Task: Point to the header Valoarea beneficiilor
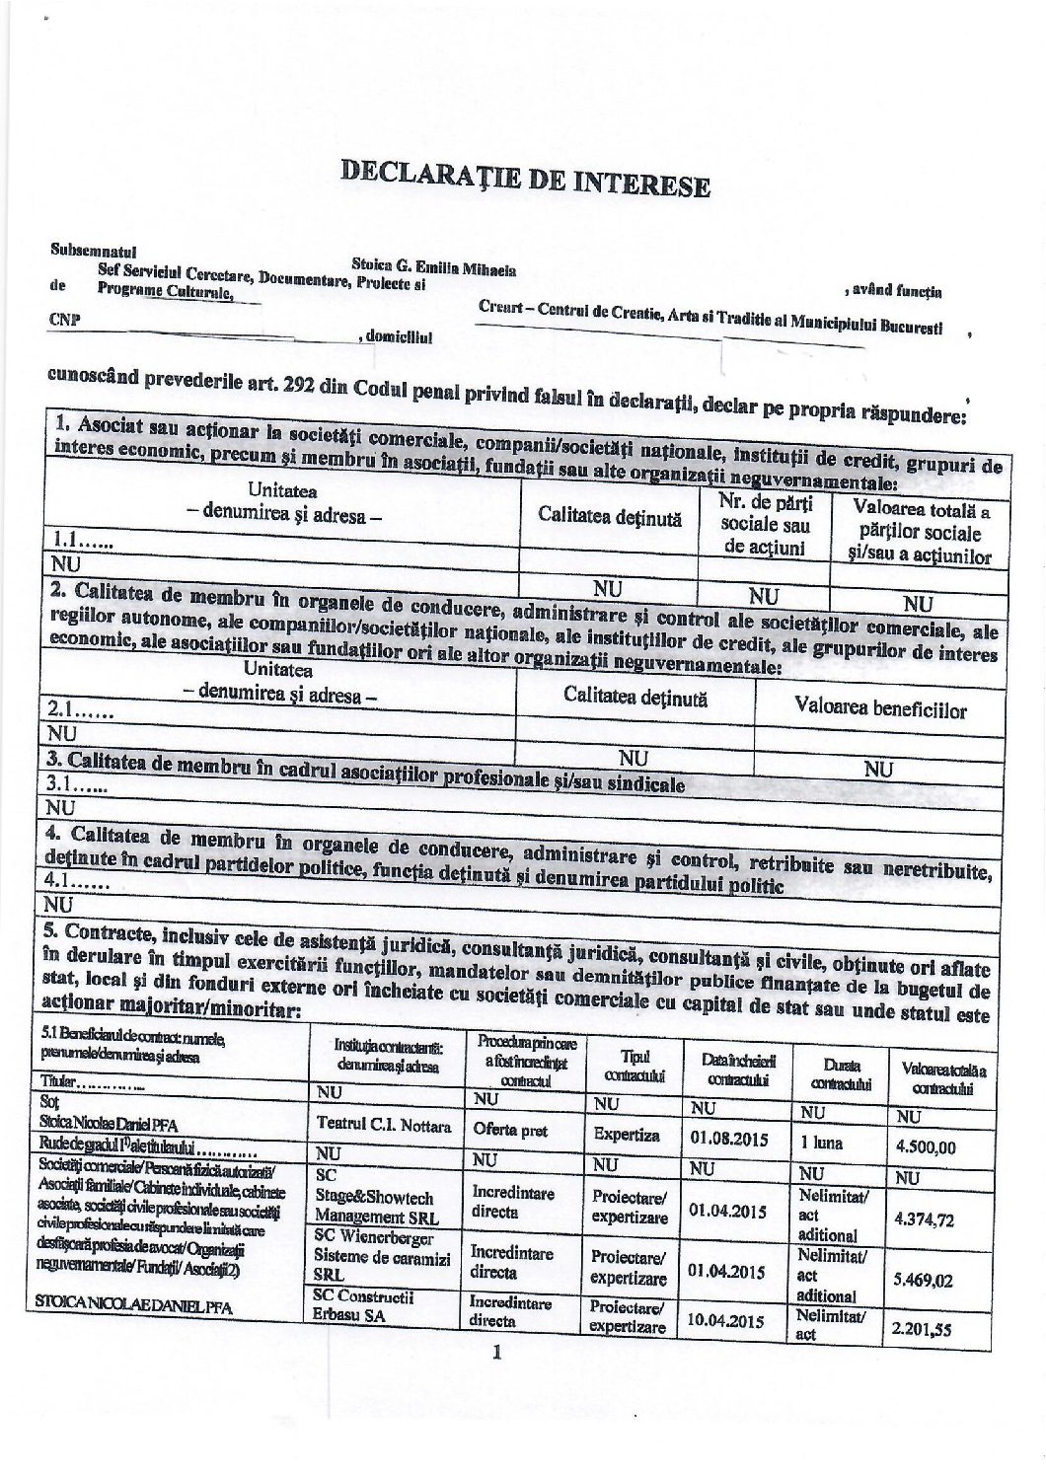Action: tap(879, 708)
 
